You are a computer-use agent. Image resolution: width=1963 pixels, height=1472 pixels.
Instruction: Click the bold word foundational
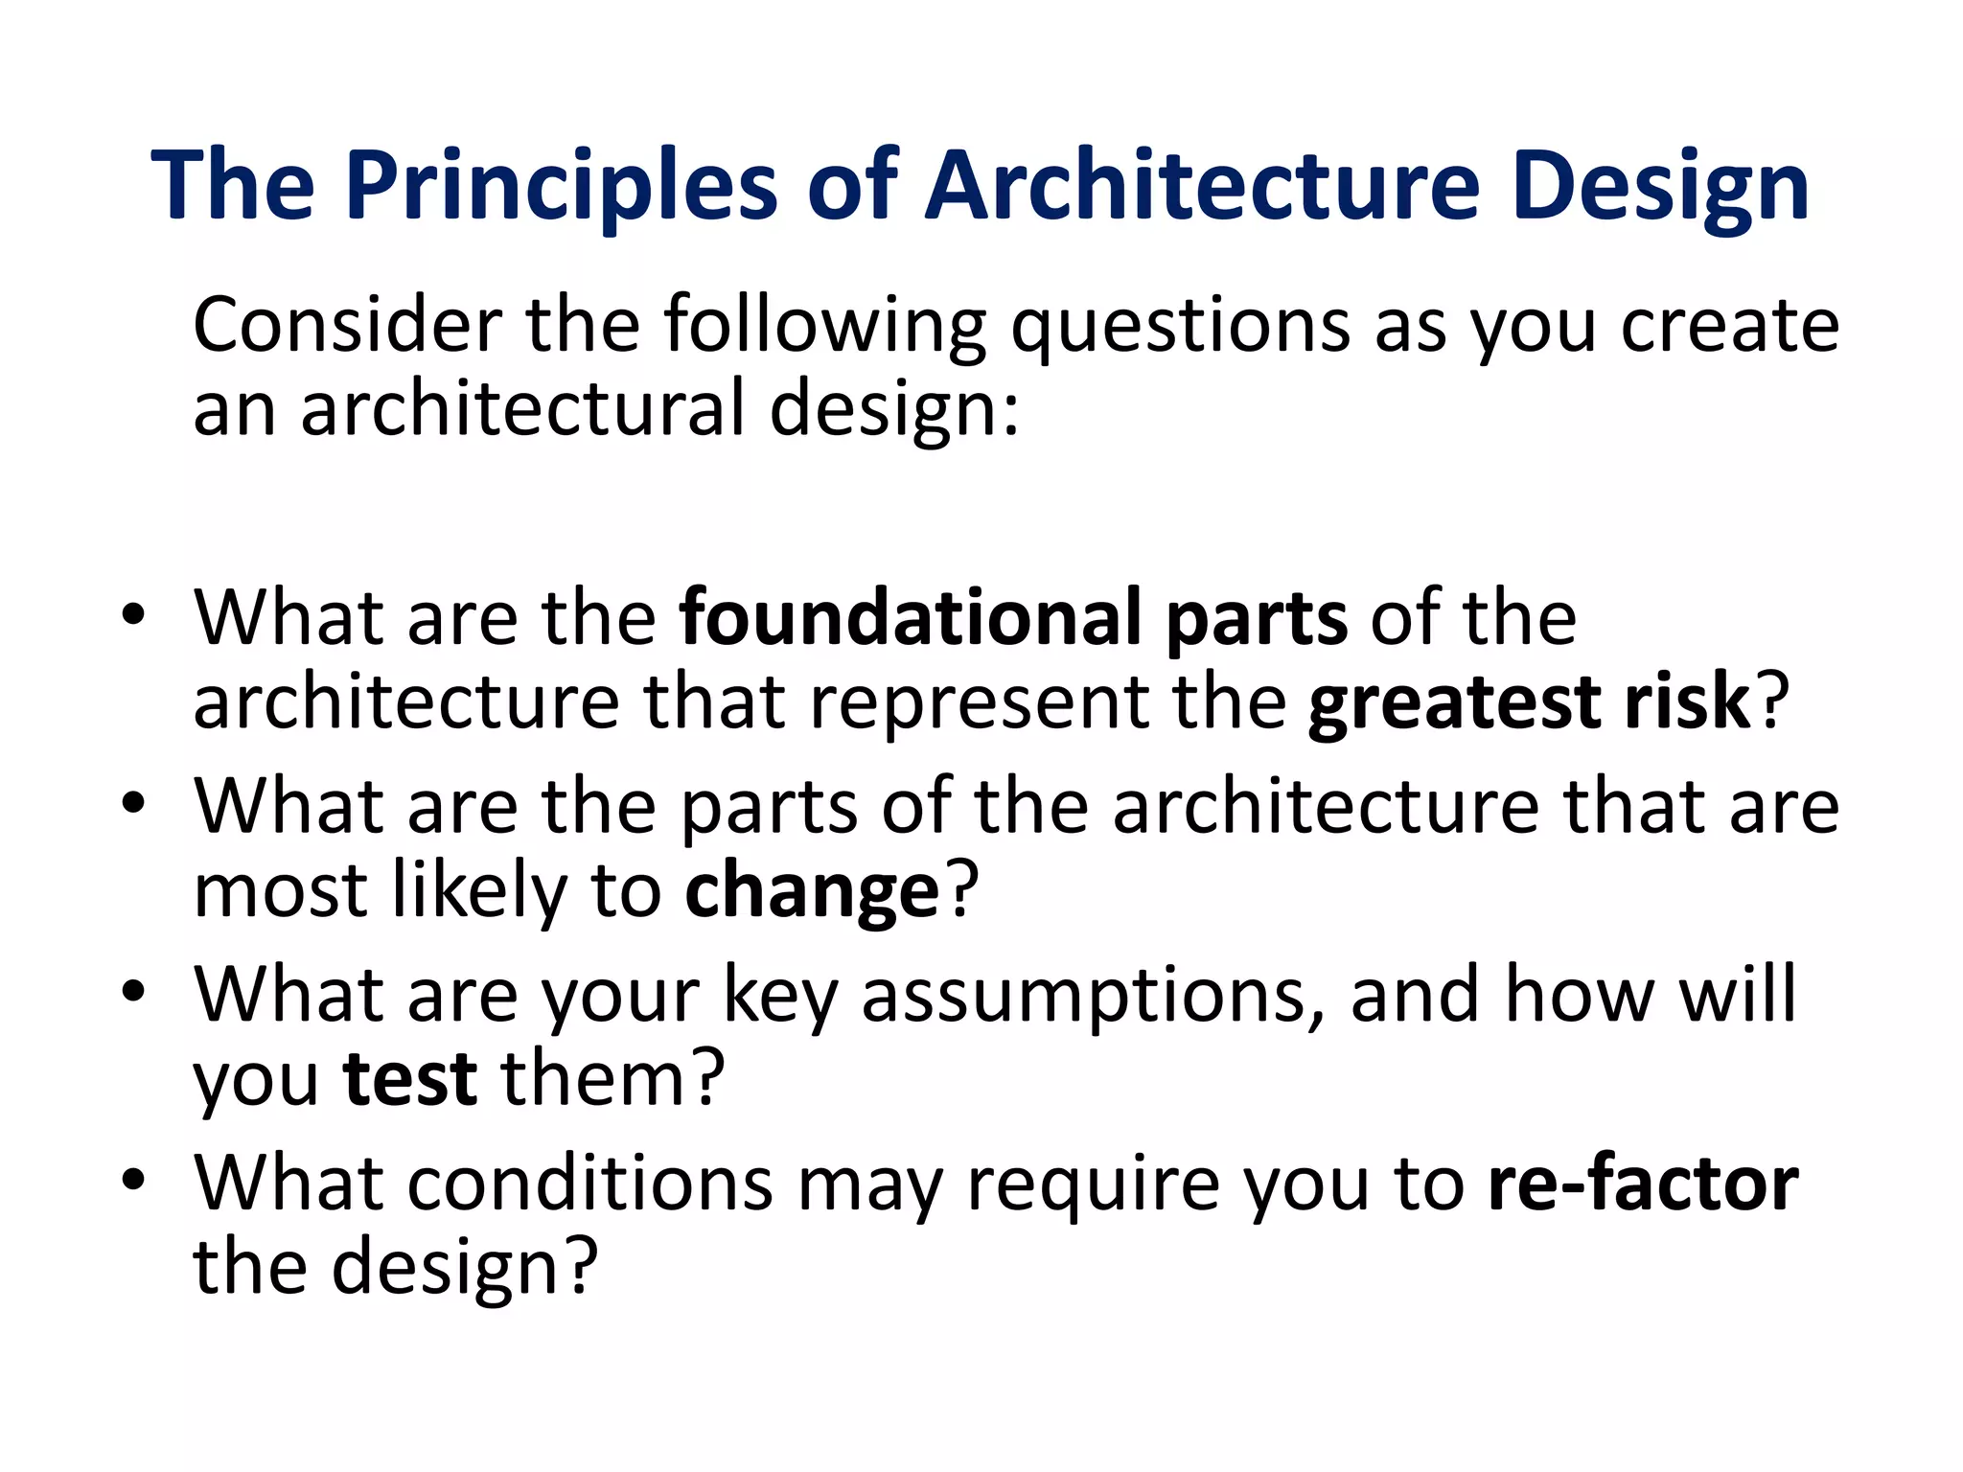click(x=910, y=618)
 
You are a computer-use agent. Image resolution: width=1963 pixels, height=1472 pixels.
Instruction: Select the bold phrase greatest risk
click(x=1529, y=702)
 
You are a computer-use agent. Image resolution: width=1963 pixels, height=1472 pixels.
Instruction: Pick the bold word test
click(x=410, y=1079)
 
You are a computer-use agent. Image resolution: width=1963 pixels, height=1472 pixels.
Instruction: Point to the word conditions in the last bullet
click(x=589, y=1184)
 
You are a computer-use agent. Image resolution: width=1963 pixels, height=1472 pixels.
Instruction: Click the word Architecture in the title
click(x=1203, y=187)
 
